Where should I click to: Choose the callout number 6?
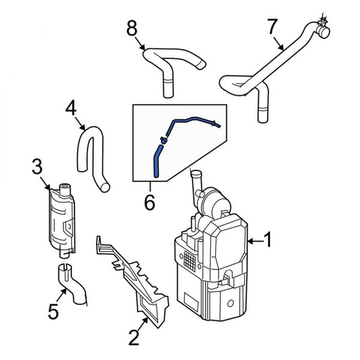click(x=149, y=203)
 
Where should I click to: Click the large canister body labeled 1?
click(x=210, y=270)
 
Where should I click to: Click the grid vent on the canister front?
click(x=191, y=259)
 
